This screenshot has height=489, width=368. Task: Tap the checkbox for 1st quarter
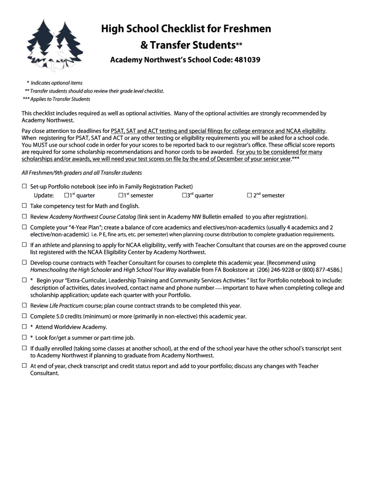coord(66,195)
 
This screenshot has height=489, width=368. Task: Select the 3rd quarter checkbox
coord(184,195)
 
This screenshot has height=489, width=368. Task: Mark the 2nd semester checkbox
coord(249,195)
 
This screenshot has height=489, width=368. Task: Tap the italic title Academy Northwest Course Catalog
coord(93,217)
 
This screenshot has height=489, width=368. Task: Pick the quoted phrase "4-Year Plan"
coord(72,228)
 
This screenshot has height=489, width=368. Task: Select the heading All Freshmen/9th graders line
coord(82,173)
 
